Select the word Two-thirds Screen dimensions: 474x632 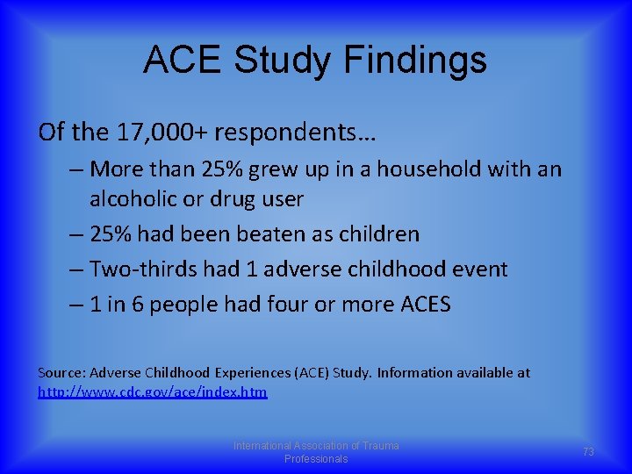pyautogui.click(x=140, y=269)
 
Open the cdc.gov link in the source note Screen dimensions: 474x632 pyautogui.click(x=153, y=391)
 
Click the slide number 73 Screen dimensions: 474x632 pyautogui.click(x=588, y=451)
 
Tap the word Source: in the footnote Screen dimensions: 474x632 pyautogui.click(x=61, y=373)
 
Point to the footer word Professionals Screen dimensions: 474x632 pyautogui.click(x=316, y=459)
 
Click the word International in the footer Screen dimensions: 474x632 pyautogui.click(x=262, y=446)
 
